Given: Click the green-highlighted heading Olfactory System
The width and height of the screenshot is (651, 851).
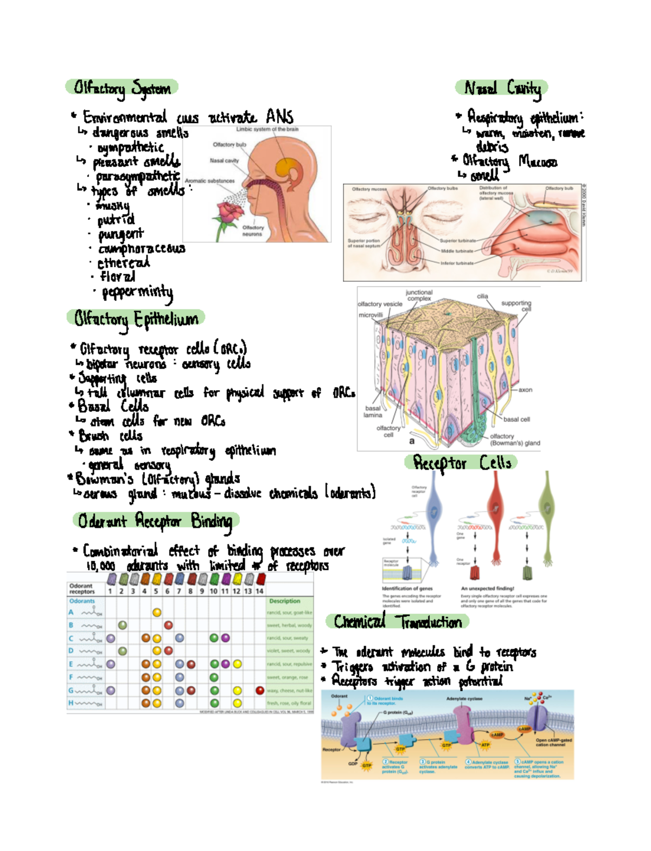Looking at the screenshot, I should pyautogui.click(x=122, y=88).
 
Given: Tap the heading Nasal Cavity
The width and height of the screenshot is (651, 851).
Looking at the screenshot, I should pyautogui.click(x=502, y=88).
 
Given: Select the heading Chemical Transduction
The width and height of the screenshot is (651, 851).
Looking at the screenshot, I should pyautogui.click(x=397, y=621).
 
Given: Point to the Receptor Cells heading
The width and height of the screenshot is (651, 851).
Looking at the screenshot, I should pyautogui.click(x=462, y=463).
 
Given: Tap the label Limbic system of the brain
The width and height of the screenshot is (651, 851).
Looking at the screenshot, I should pyautogui.click(x=267, y=130).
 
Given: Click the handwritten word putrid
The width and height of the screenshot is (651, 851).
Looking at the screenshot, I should pyautogui.click(x=116, y=220).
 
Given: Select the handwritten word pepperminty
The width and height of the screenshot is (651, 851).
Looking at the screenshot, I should pyautogui.click(x=137, y=293).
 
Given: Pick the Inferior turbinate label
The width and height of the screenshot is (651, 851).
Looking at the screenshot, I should pyautogui.click(x=457, y=263).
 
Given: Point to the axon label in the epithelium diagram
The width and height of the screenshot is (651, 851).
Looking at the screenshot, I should pyautogui.click(x=525, y=390).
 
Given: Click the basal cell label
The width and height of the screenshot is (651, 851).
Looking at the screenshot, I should pyautogui.click(x=516, y=419).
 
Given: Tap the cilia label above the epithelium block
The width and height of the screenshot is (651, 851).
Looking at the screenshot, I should pyautogui.click(x=482, y=296).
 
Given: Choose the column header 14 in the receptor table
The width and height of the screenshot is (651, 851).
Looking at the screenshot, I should pyautogui.click(x=259, y=591).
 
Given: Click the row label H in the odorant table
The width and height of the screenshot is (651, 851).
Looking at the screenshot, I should pyautogui.click(x=71, y=703).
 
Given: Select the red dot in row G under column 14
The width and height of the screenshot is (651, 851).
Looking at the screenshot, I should pyautogui.click(x=260, y=691).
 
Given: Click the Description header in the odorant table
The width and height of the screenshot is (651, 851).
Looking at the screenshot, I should pyautogui.click(x=284, y=601).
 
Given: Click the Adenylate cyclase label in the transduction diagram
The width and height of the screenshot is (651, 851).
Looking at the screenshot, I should pyautogui.click(x=464, y=699).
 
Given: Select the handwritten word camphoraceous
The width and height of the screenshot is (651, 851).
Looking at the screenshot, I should pyautogui.click(x=141, y=249).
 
